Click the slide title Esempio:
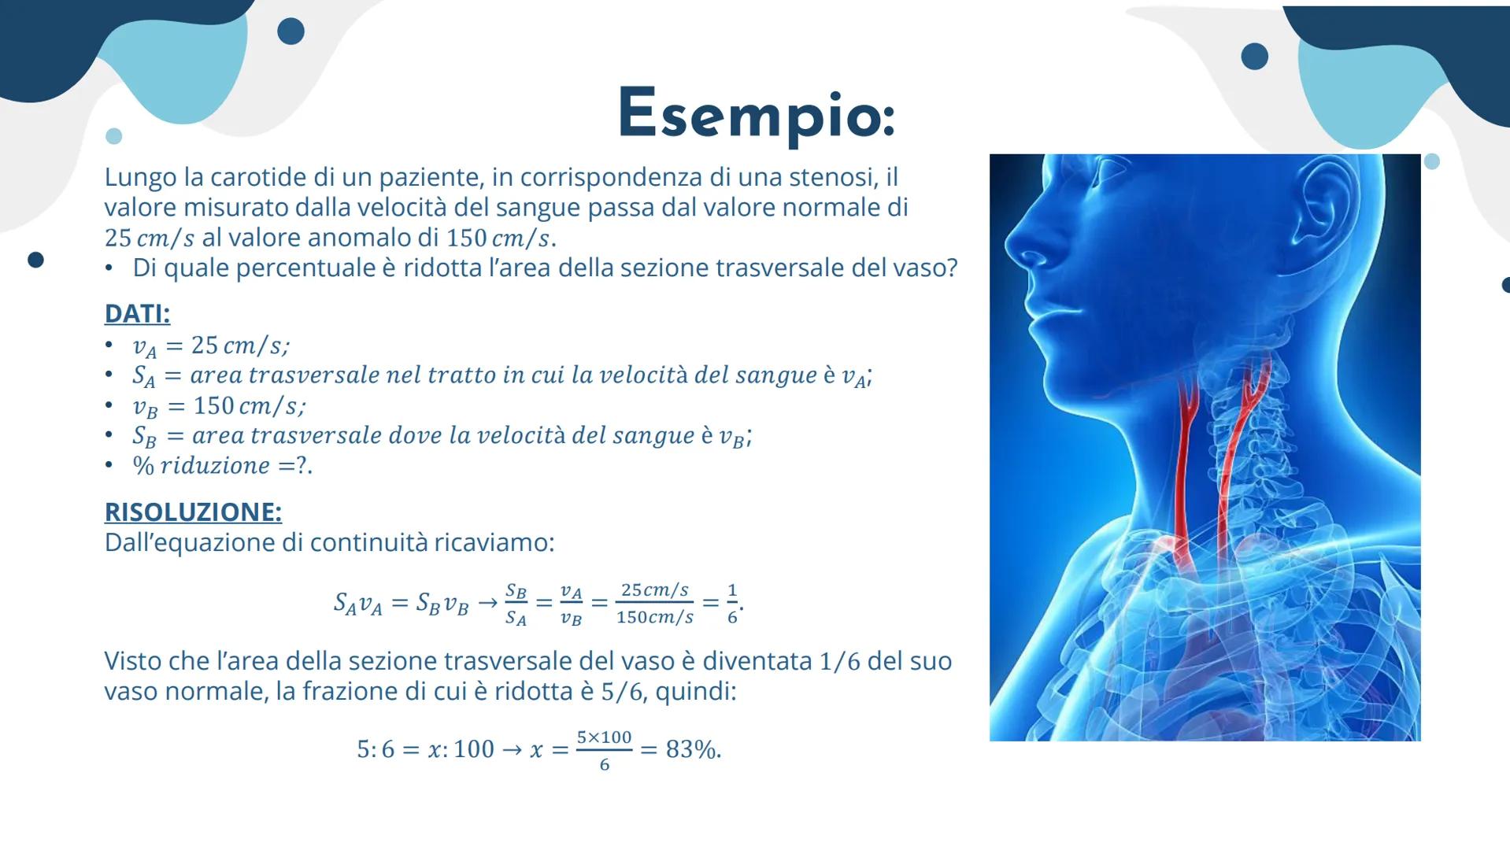click(x=757, y=114)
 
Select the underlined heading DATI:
click(x=137, y=313)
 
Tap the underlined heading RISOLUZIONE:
click(x=193, y=512)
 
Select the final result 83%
click(x=692, y=749)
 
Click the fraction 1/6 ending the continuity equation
click(x=732, y=604)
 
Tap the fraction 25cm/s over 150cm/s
click(x=655, y=604)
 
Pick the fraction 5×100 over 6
click(x=604, y=750)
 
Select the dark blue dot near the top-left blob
click(x=291, y=31)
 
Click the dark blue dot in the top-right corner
click(x=1254, y=57)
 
